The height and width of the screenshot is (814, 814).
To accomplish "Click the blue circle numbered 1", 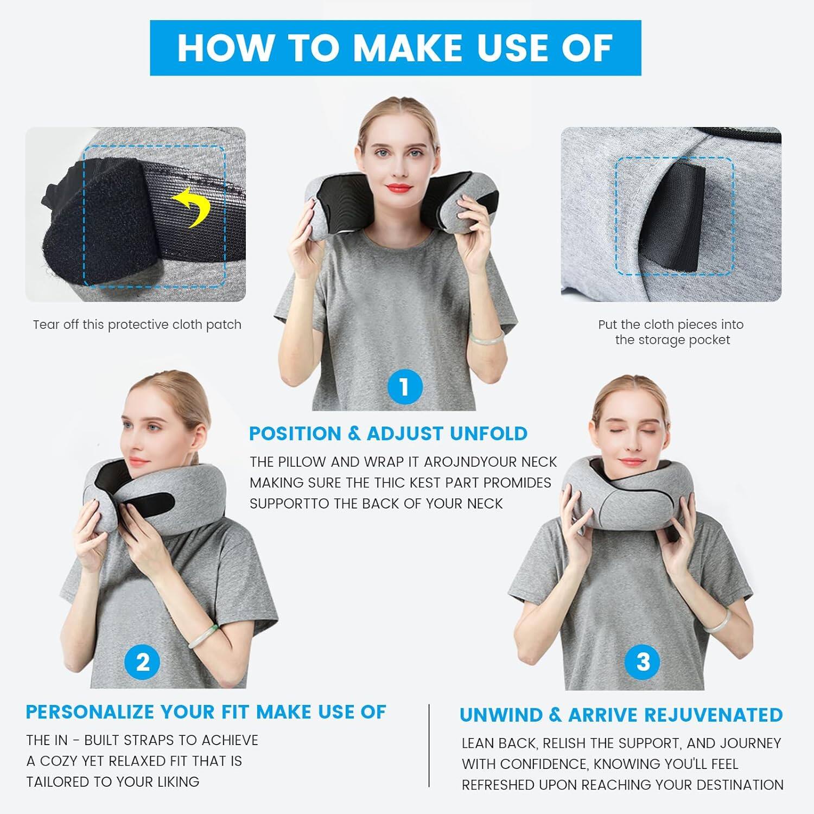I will click(x=404, y=387).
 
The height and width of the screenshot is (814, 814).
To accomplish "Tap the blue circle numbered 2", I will click(x=143, y=662).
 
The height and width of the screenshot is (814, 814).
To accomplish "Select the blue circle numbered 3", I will click(x=643, y=662).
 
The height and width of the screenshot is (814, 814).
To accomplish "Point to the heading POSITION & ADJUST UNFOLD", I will click(x=388, y=434).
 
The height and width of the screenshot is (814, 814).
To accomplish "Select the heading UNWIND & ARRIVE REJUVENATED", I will click(x=621, y=715).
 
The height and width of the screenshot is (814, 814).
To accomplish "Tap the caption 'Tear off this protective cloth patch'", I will click(x=137, y=325).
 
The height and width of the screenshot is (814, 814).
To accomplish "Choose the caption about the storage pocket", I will click(x=671, y=332).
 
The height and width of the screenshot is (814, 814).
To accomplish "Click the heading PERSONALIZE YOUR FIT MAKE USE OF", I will click(x=206, y=712).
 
